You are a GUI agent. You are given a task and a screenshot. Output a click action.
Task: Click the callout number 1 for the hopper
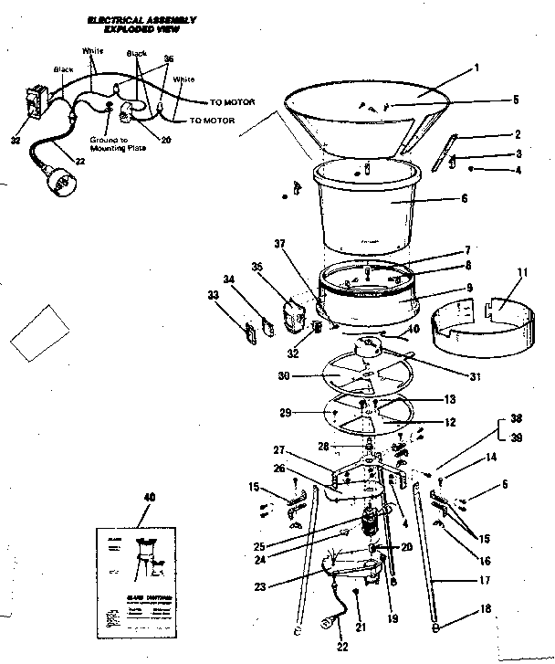coord(476,68)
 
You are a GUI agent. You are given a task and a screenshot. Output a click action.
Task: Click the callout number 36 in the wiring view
coord(167,58)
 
